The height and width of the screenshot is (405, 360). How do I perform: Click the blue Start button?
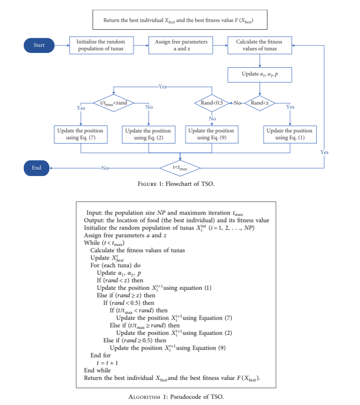[x=39, y=45]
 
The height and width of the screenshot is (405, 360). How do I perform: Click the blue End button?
[x=37, y=168]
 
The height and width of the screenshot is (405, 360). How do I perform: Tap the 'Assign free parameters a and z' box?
[x=181, y=46]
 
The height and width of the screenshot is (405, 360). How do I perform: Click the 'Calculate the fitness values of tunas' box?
[x=259, y=46]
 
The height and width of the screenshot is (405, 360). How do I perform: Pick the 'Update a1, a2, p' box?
[x=259, y=74]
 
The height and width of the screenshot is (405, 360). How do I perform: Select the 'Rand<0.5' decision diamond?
[x=212, y=103]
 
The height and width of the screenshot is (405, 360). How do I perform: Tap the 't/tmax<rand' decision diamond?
[x=114, y=103]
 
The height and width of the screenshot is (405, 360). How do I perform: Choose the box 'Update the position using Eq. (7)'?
[x=80, y=134]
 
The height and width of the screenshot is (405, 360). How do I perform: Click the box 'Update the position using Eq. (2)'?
[x=148, y=134]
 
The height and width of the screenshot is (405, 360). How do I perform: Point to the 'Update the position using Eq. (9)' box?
[x=211, y=134]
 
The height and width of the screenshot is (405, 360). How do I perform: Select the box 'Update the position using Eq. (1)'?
[x=290, y=134]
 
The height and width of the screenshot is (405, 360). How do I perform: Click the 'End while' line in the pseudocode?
[x=97, y=370]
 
